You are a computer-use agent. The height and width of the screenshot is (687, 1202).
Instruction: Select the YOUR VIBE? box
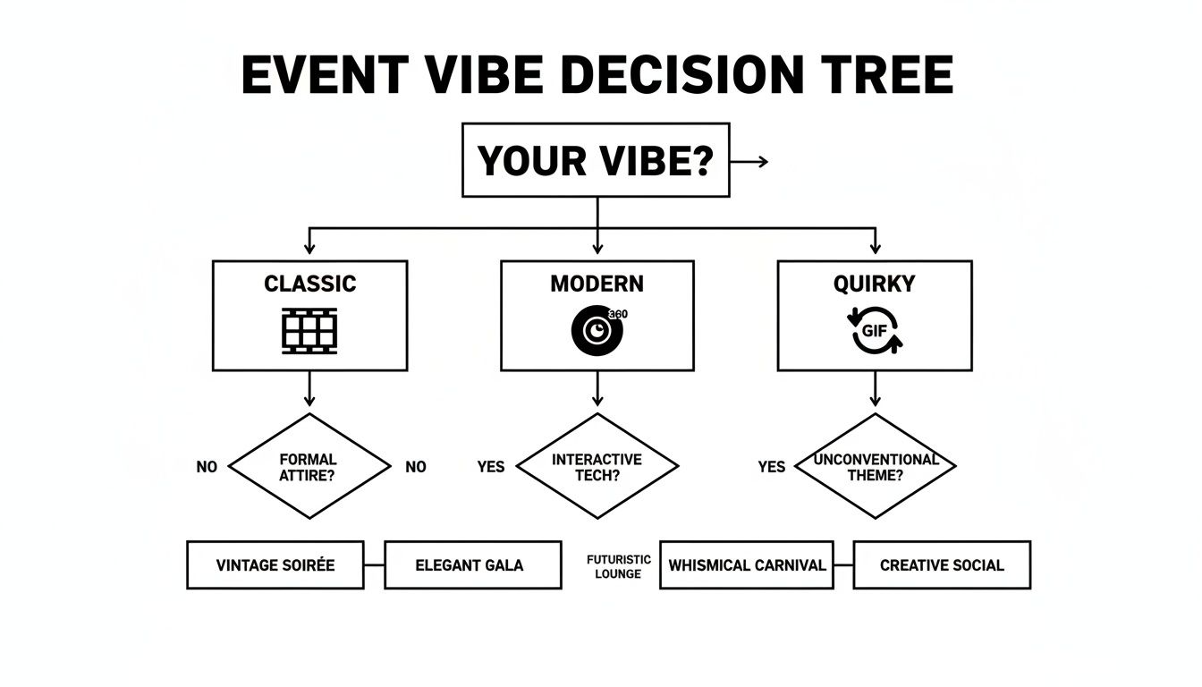(596, 161)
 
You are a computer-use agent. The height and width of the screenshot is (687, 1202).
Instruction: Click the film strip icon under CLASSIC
(309, 330)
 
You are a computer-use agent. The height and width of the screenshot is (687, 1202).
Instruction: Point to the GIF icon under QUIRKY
(874, 330)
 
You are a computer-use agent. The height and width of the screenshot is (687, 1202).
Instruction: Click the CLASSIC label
(309, 284)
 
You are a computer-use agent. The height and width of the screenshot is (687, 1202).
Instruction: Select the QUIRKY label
(874, 284)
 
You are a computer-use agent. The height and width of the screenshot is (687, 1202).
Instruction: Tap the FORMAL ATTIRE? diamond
(309, 466)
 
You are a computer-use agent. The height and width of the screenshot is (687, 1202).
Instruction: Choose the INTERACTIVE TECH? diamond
(597, 466)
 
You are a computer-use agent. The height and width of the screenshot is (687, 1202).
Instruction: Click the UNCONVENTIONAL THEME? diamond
(875, 466)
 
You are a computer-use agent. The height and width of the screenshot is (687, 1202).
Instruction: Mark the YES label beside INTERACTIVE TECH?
(491, 467)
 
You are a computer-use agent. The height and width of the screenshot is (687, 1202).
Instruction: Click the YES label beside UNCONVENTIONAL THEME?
(771, 467)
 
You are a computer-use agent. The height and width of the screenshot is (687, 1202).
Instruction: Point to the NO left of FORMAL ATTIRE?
(207, 467)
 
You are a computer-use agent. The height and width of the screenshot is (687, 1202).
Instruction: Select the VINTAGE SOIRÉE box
(275, 564)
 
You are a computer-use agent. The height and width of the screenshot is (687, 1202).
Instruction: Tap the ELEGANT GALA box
(472, 564)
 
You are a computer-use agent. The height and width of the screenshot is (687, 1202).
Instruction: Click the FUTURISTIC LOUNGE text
(619, 566)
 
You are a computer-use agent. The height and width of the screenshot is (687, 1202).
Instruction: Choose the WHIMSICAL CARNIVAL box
(747, 564)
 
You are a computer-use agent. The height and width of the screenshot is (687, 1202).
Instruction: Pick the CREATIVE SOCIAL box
(942, 564)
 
